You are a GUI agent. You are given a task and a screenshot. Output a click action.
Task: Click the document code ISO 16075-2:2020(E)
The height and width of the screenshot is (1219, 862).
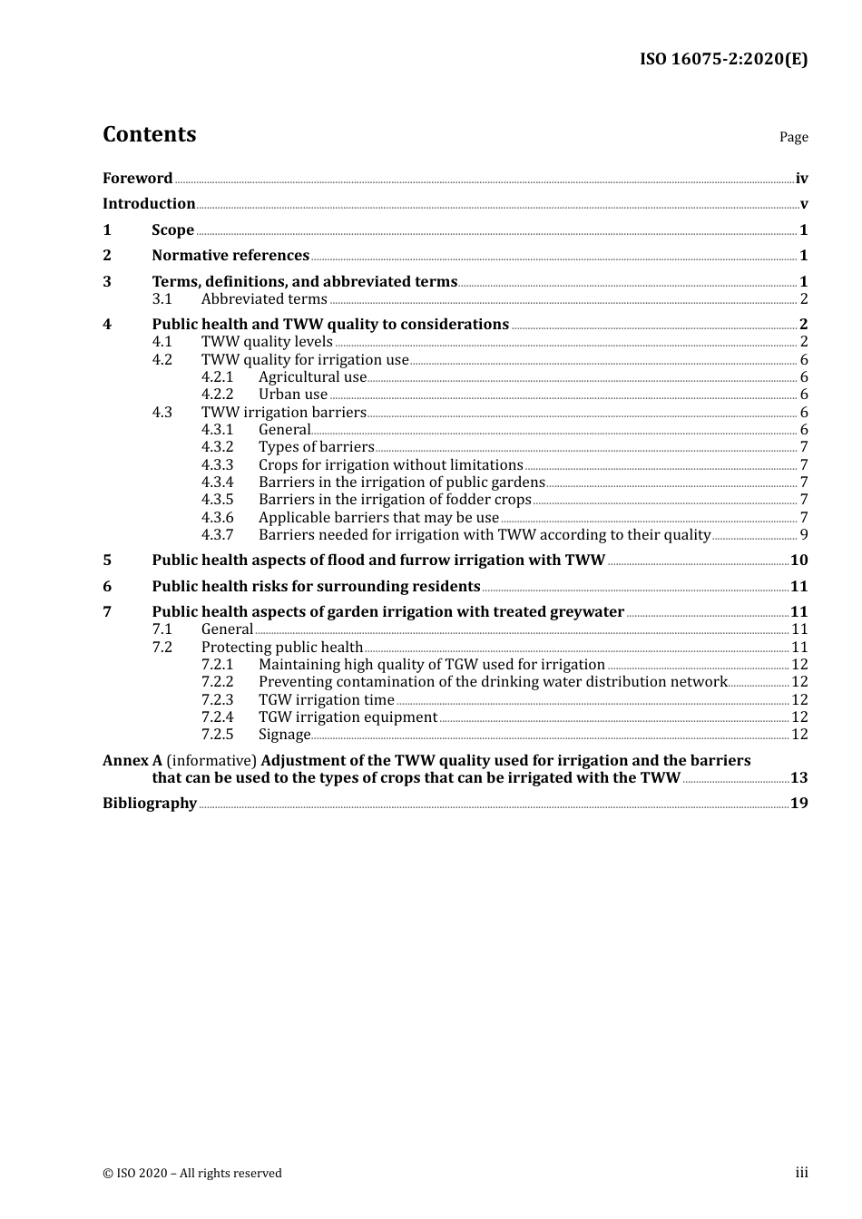pos(723,59)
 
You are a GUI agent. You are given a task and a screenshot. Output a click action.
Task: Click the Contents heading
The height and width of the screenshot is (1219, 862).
pos(149,134)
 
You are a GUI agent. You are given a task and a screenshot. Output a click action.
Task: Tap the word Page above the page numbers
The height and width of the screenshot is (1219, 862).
pos(793,137)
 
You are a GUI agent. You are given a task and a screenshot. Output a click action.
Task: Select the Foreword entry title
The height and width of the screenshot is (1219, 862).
pos(137,178)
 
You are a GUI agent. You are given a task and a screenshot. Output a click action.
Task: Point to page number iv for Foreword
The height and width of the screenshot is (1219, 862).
pos(801,179)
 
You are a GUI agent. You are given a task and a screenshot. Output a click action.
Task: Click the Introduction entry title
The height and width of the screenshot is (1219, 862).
pos(149,203)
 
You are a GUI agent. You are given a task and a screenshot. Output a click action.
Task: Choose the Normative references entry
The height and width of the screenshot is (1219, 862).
pos(230,255)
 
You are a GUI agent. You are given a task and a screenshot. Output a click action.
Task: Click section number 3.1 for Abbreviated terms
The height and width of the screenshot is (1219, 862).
pos(162,298)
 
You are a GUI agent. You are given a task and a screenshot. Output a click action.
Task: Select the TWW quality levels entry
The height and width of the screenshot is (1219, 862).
pos(267,341)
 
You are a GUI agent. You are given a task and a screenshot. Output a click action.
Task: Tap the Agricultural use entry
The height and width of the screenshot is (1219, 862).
pos(312,376)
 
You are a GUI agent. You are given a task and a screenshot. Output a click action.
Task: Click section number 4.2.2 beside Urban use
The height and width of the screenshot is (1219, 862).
pos(217,394)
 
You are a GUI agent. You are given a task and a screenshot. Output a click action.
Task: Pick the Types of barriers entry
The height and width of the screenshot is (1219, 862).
pos(316,446)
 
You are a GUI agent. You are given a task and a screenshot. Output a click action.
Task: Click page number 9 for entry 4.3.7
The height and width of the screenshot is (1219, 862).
pos(804,534)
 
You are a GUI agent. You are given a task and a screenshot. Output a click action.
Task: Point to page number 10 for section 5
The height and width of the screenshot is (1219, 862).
pos(798,560)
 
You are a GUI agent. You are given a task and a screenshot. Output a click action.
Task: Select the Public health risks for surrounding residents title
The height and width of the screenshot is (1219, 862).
pos(316,586)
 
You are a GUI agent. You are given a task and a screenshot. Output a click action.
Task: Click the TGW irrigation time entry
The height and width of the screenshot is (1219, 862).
pos(326,699)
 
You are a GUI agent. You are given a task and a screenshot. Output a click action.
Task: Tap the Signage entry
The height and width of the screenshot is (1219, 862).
pos(284,734)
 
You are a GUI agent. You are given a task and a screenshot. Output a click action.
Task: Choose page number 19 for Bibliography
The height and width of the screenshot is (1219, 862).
pos(798,803)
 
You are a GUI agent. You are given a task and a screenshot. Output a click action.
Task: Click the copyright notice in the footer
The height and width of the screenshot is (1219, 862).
pos(192,1173)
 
